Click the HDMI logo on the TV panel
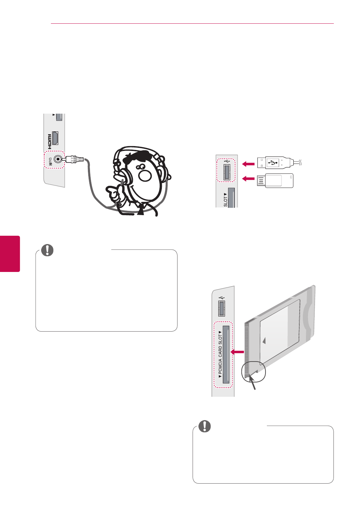point(49,139)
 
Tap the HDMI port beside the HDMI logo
point(57,139)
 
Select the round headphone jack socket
point(58,160)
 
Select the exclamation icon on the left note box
point(47,250)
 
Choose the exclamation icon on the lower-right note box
point(205,426)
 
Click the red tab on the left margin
point(10,253)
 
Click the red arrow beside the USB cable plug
point(249,163)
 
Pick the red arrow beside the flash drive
point(249,179)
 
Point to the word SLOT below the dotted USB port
point(225,200)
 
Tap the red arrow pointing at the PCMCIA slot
point(237,352)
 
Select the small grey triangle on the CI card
point(264,340)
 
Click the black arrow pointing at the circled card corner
point(254,384)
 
